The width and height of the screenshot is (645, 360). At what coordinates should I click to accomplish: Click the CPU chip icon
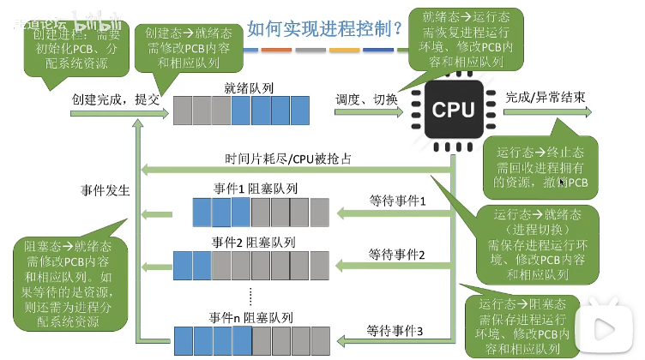tap(452, 109)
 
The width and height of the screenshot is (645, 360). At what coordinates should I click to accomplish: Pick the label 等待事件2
tap(397, 254)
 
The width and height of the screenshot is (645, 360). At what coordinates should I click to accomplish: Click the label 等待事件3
tap(395, 329)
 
